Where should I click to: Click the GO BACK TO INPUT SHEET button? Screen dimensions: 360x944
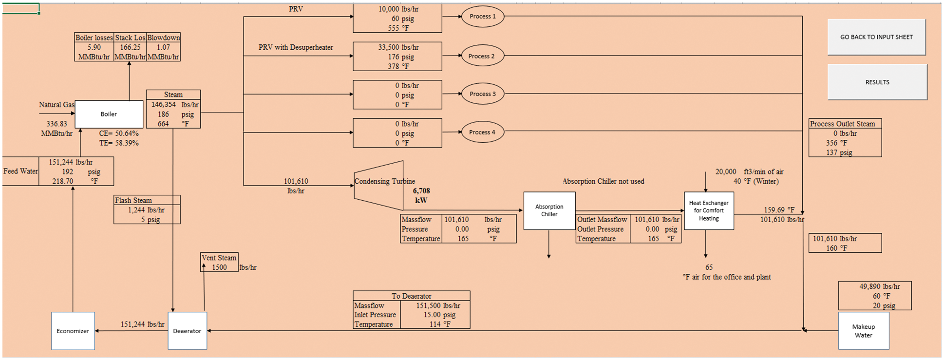point(876,37)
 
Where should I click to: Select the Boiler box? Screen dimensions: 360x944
point(109,114)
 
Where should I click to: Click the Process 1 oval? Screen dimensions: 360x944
point(482,17)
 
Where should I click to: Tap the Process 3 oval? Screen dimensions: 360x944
point(482,94)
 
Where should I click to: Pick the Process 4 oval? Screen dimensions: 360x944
point(482,132)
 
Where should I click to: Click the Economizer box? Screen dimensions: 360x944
point(73,331)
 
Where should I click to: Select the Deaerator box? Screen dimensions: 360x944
point(187,331)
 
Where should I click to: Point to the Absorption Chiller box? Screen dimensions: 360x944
point(549,210)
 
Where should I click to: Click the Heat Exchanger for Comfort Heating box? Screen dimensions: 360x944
point(709,210)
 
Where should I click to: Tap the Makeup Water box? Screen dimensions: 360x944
point(863,331)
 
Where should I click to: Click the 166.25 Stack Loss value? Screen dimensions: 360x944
point(130,47)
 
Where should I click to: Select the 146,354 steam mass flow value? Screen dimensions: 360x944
point(163,104)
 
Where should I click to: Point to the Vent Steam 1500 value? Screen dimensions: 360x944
point(219,267)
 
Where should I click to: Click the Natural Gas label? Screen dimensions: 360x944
point(57,105)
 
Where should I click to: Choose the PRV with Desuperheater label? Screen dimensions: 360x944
point(296,47)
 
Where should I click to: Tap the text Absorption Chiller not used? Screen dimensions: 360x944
point(603,181)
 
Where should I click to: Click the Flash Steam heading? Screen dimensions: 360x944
point(133,200)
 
